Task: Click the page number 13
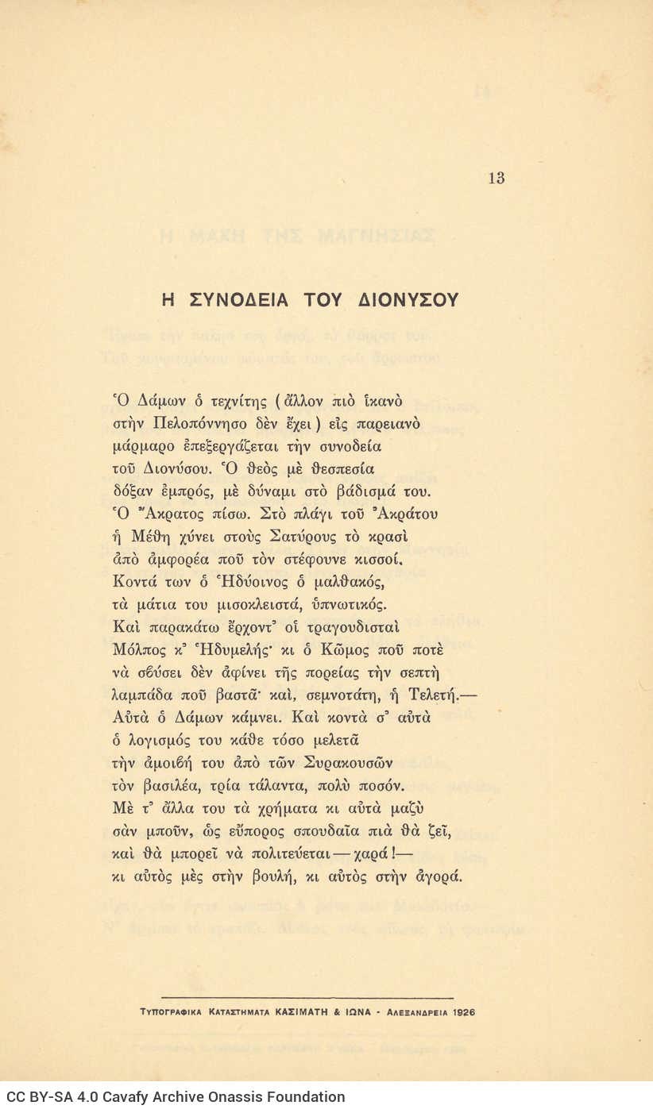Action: pyautogui.click(x=497, y=178)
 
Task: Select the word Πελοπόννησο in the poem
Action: pyautogui.click(x=201, y=424)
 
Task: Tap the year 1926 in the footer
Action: pyautogui.click(x=462, y=1012)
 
